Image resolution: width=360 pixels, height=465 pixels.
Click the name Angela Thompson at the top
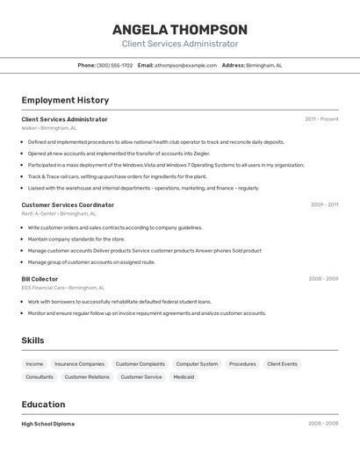pyautogui.click(x=180, y=29)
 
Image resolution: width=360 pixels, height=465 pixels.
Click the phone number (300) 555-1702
pyautogui.click(x=114, y=65)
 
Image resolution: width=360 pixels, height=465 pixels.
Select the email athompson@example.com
pyautogui.click(x=186, y=65)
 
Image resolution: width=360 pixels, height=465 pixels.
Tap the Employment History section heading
pyautogui.click(x=65, y=100)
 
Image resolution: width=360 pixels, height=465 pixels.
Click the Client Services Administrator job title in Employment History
pyautogui.click(x=64, y=119)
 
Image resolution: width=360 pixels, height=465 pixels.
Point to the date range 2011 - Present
pyautogui.click(x=321, y=119)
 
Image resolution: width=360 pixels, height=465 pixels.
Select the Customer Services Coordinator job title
pyautogui.click(x=68, y=204)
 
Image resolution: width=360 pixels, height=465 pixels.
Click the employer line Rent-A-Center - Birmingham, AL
pyautogui.click(x=59, y=213)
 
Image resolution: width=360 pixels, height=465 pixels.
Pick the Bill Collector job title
pyautogui.click(x=40, y=278)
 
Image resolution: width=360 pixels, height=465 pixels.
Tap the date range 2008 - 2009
pyautogui.click(x=323, y=278)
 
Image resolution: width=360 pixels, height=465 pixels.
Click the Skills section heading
pyautogui.click(x=33, y=340)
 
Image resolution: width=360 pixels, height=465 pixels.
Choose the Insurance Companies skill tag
pyautogui.click(x=79, y=363)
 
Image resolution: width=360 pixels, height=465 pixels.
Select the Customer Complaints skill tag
pyautogui.click(x=140, y=363)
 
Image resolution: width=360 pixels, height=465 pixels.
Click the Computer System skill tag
pyautogui.click(x=197, y=363)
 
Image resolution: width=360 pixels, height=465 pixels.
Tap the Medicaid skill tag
pyautogui.click(x=184, y=376)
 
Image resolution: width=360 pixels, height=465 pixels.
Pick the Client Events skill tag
pyautogui.click(x=282, y=363)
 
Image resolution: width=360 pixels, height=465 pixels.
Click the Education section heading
pyautogui.click(x=43, y=404)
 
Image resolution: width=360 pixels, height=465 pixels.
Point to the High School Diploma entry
pyautogui.click(x=48, y=424)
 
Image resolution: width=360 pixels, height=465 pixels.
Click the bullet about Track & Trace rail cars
pyautogui.click(x=117, y=176)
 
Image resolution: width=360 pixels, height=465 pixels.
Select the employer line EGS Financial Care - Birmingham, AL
pyautogui.click(x=62, y=287)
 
